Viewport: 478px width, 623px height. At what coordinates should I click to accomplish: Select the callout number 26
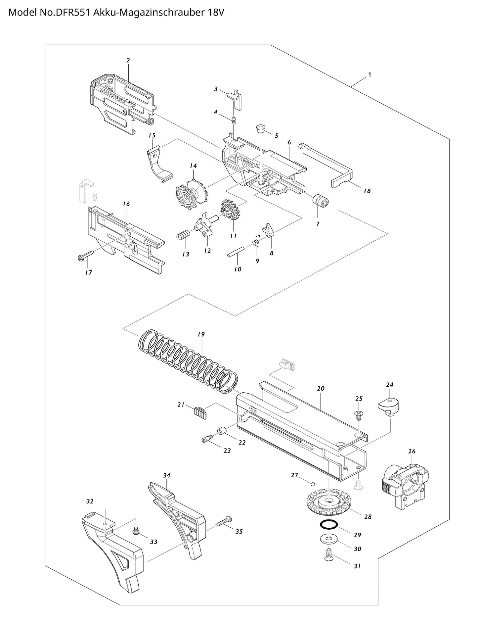click(x=412, y=451)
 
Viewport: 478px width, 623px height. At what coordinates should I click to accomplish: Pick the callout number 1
click(x=369, y=74)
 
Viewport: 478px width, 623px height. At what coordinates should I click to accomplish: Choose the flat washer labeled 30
click(x=328, y=540)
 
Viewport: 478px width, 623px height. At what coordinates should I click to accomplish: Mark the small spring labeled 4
click(x=234, y=121)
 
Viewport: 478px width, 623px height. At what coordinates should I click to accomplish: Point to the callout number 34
click(x=166, y=475)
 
